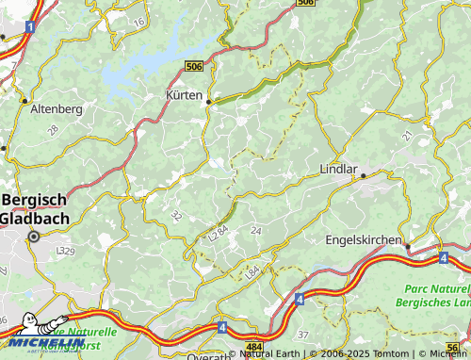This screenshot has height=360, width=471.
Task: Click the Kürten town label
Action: [185, 95]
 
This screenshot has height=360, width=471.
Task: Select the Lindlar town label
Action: [339, 170]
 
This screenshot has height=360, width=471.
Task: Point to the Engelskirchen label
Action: [363, 239]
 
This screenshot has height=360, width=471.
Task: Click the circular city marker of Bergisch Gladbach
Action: [34, 237]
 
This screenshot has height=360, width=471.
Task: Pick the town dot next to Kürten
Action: [209, 102]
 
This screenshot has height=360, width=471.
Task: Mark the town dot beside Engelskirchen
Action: [408, 246]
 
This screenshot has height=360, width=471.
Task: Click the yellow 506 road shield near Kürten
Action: [194, 66]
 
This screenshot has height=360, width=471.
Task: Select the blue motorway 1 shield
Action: [30, 28]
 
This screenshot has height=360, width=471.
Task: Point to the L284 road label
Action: [219, 231]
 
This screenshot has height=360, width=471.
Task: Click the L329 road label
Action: [65, 252]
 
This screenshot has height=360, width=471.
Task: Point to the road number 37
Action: [302, 335]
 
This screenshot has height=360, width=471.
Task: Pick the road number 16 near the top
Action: [139, 21]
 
